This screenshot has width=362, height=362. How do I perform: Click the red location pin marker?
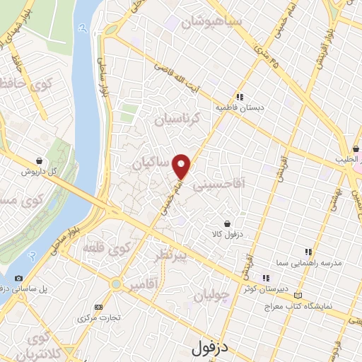point(182,166)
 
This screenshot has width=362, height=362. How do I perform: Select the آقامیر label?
point(143,285)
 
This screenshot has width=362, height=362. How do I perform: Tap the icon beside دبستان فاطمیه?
point(240,98)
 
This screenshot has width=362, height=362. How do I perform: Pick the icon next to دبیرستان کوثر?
point(267,278)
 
